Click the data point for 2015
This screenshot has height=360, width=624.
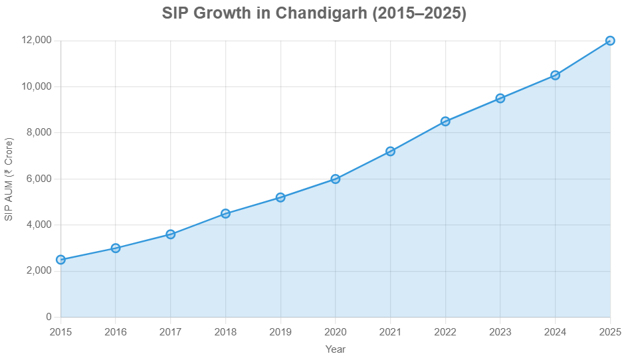tap(60, 260)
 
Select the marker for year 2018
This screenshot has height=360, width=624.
tap(225, 213)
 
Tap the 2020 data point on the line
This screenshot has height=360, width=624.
tap(336, 179)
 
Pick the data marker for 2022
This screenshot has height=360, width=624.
tap(445, 122)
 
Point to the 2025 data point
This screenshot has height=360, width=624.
tap(610, 41)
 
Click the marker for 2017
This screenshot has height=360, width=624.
tap(171, 234)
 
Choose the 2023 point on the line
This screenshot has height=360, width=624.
tap(500, 98)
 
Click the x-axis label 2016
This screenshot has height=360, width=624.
tap(116, 331)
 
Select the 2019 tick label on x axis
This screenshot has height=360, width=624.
tap(280, 331)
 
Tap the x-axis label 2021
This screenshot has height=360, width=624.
tap(390, 331)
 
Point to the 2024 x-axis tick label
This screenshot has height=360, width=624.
tap(555, 331)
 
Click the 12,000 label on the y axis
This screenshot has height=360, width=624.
tap(37, 41)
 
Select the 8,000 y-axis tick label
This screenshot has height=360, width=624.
tap(39, 133)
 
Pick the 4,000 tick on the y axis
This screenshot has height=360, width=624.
tap(39, 225)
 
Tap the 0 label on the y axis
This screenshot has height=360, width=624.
tap(49, 317)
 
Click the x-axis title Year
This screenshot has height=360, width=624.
tap(336, 349)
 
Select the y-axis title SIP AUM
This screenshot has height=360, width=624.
tap(9, 179)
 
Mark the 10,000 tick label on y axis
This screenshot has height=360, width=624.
tap(37, 86)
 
